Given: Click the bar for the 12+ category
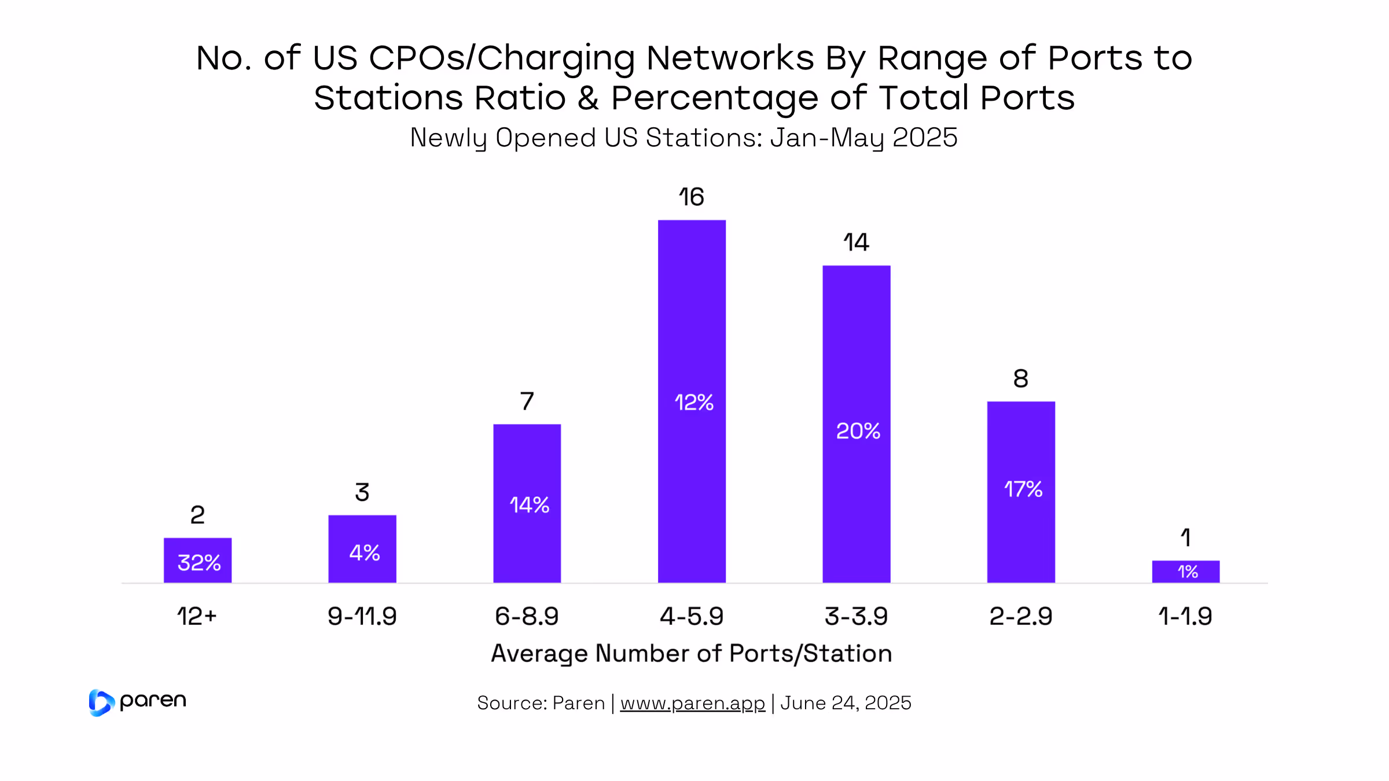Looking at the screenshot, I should [197, 560].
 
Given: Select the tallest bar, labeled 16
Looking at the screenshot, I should [692, 401].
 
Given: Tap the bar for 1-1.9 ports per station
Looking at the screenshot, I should [1185, 572].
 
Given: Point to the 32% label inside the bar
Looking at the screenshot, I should [199, 562].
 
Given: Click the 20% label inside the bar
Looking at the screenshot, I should [858, 431].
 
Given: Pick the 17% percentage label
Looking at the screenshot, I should [1023, 489].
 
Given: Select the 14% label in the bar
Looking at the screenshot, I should [529, 505].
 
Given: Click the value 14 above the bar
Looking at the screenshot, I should [856, 242].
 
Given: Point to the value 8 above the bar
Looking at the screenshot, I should [1021, 379].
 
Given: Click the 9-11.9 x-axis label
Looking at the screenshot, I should [362, 617].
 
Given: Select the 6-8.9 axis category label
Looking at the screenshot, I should [527, 617].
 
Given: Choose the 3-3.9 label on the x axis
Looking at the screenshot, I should [856, 617].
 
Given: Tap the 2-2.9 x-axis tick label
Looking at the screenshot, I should [1021, 617].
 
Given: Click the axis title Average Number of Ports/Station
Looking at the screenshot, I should [692, 654].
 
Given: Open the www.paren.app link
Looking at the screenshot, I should [693, 703].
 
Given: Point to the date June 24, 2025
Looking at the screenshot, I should [846, 703].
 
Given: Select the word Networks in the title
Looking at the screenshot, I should [730, 58].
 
